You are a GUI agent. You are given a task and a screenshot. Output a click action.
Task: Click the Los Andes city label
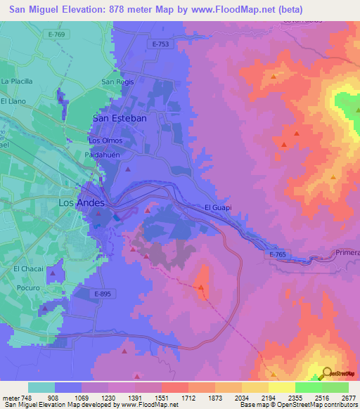(82, 203)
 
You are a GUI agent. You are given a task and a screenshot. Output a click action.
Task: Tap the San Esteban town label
(120, 119)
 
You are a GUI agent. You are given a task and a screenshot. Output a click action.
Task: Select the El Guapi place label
(218, 207)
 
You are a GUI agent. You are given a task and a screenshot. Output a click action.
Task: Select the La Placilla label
(17, 82)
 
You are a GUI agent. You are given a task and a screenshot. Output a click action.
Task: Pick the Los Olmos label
(105, 141)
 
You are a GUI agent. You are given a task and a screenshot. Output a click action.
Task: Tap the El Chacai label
(28, 268)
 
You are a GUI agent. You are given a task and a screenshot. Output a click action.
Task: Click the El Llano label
(13, 101)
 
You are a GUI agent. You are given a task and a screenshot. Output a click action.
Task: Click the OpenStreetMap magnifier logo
(326, 373)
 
